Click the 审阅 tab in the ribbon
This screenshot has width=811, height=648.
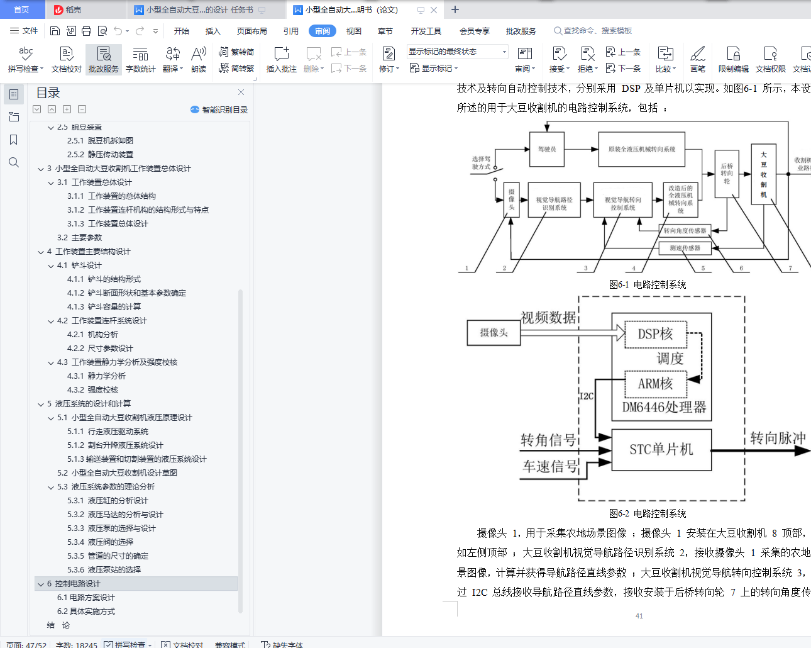tap(322, 31)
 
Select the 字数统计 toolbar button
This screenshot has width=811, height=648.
tap(140, 59)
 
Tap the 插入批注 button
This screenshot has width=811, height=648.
tap(281, 59)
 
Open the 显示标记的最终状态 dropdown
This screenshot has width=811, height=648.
tap(457, 52)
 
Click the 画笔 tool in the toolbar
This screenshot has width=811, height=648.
tap(697, 59)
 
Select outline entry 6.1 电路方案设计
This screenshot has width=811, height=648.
tap(86, 598)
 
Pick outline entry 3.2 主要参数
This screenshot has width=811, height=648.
tap(79, 238)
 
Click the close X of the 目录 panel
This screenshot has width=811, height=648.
tap(241, 92)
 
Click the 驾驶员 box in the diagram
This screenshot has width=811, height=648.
tap(547, 150)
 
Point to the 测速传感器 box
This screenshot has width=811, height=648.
tap(685, 249)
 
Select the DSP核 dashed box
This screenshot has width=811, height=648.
tap(655, 334)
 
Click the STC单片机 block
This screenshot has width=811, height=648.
tap(661, 449)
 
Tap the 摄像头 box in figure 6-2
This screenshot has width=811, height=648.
tap(494, 333)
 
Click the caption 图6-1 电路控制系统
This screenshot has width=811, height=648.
tap(648, 285)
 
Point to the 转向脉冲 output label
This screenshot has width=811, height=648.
tap(778, 438)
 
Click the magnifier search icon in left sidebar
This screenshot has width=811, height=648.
tap(14, 163)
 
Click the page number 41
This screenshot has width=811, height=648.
tap(639, 616)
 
